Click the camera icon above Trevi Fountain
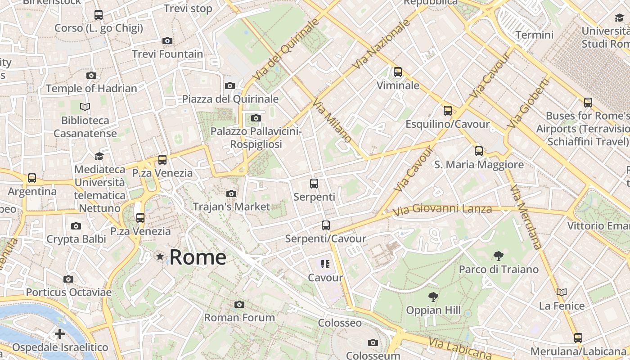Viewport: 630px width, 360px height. pyautogui.click(x=167, y=41)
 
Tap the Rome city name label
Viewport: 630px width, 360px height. pyautogui.click(x=198, y=257)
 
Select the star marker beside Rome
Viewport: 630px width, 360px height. pyautogui.click(x=160, y=256)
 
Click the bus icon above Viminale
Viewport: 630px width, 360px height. pyautogui.click(x=397, y=72)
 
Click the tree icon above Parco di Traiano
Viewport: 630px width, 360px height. pyautogui.click(x=498, y=256)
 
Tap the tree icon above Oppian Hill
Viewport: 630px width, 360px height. pyautogui.click(x=433, y=297)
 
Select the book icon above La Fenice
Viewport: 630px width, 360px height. pyautogui.click(x=562, y=292)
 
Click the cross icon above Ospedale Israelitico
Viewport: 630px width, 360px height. pyautogui.click(x=60, y=334)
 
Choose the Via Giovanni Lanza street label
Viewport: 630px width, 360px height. pyautogui.click(x=442, y=209)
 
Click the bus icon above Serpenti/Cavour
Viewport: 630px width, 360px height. pyautogui.click(x=326, y=225)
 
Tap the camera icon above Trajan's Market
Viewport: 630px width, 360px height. pyautogui.click(x=231, y=193)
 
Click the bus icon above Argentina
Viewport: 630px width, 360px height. pyautogui.click(x=32, y=178)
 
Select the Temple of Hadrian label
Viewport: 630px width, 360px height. pyautogui.click(x=91, y=88)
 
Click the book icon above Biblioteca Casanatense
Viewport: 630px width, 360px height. pyautogui.click(x=85, y=107)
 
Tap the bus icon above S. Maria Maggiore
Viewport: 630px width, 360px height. pyautogui.click(x=479, y=151)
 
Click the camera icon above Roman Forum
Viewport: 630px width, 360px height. pyautogui.click(x=239, y=305)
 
